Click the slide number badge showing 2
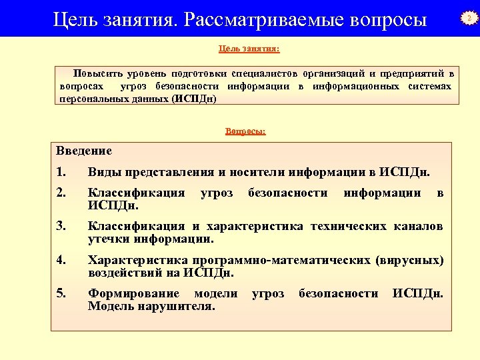469,19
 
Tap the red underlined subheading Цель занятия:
249,49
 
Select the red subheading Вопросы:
245,131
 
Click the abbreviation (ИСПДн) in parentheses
194,99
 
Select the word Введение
84,151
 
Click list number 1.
61,172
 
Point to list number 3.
61,227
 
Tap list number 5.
61,293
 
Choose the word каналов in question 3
417,227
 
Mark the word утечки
109,239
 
